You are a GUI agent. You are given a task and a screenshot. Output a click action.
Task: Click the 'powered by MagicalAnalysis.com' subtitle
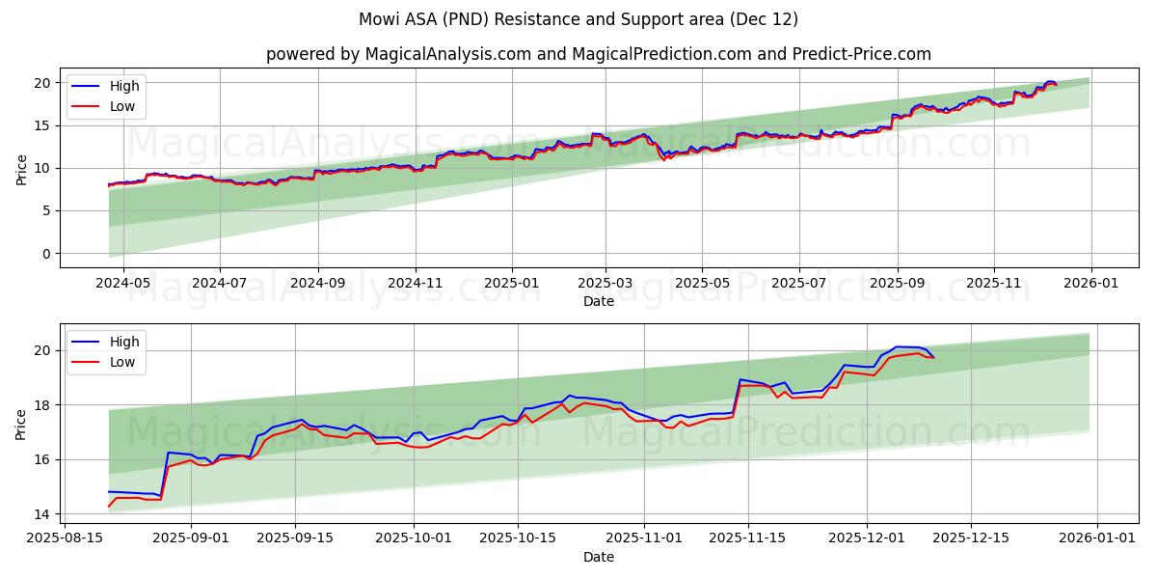click(598, 54)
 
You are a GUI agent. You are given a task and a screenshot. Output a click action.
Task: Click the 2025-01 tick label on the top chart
click(511, 284)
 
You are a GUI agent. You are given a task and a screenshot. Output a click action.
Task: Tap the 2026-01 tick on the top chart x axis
click(1090, 284)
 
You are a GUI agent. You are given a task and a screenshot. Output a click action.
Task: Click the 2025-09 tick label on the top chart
click(898, 284)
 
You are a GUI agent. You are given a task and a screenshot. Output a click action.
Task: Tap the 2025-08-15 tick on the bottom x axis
click(65, 539)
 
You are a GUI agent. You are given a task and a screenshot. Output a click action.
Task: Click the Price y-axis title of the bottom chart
click(21, 424)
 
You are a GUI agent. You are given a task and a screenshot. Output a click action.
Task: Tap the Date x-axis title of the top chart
click(598, 301)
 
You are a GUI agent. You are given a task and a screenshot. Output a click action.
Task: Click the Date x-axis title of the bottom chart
click(598, 557)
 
